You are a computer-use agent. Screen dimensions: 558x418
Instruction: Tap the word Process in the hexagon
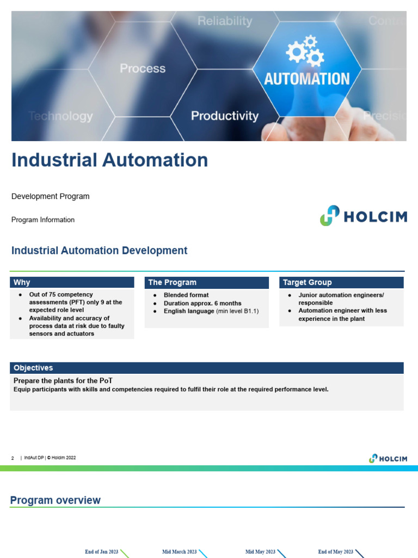pos(143,69)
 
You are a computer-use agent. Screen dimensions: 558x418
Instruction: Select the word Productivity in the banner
pos(224,116)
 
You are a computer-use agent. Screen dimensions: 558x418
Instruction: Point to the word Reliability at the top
pos(225,21)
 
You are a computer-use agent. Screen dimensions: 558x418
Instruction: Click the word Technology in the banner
pos(60,116)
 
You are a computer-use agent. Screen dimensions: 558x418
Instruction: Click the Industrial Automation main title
pos(110,160)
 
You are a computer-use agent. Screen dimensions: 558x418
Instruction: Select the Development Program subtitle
pos(51,196)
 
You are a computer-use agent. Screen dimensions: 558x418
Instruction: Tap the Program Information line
pos(43,220)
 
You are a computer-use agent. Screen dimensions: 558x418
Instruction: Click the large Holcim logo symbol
pos(329,216)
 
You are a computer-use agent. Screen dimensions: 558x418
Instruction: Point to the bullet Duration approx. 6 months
pos(202,303)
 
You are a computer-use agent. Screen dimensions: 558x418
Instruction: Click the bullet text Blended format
pos(186,295)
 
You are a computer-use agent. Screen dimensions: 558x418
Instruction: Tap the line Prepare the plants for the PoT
pos(63,380)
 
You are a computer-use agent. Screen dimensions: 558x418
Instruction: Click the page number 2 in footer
pos(13,458)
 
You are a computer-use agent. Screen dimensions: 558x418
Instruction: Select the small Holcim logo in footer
pos(388,458)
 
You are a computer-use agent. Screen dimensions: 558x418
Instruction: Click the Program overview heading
pos(56,500)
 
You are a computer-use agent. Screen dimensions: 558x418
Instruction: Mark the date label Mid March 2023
pos(180,552)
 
